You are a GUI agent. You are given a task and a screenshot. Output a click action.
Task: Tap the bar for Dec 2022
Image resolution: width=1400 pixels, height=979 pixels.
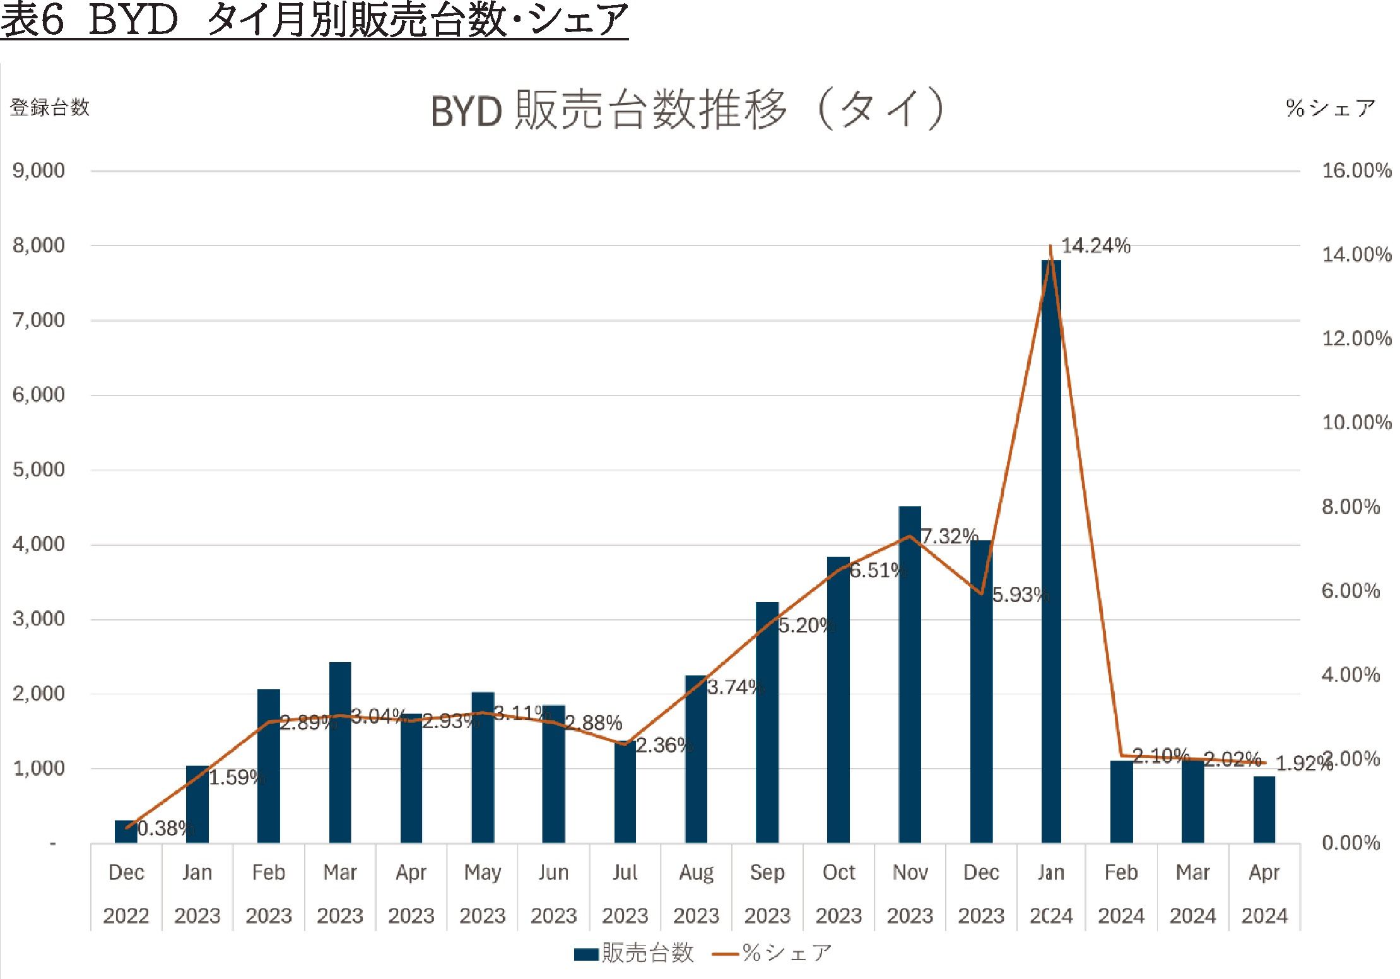tap(126, 831)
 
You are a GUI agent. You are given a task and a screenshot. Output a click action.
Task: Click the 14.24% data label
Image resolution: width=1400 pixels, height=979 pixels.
tap(1095, 246)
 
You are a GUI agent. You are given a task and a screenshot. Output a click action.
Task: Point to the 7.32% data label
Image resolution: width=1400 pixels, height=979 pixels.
tap(949, 537)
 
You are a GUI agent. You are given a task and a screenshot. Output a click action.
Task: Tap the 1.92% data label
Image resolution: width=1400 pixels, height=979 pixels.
tap(1303, 764)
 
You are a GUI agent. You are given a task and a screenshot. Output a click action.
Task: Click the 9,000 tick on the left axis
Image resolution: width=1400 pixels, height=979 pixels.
tap(38, 170)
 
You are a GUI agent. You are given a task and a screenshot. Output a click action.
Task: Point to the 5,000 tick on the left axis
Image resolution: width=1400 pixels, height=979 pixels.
tap(38, 470)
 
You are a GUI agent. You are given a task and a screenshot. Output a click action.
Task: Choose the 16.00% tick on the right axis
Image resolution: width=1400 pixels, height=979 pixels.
tap(1356, 170)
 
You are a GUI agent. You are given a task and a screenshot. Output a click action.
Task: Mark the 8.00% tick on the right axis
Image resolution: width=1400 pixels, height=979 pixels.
tap(1351, 507)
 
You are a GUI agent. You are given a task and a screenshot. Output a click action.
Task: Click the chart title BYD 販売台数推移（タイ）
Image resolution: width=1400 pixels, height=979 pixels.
tap(688, 110)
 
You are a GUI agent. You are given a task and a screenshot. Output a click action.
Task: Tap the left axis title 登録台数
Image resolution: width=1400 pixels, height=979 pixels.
tap(50, 107)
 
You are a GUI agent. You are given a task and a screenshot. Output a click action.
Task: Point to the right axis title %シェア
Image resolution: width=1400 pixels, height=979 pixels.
tap(1330, 108)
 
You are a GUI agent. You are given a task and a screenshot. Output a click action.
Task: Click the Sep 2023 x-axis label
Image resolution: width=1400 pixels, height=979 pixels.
tap(767, 894)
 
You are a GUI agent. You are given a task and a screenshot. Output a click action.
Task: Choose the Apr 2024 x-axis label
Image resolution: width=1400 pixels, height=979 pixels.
tap(1264, 894)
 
